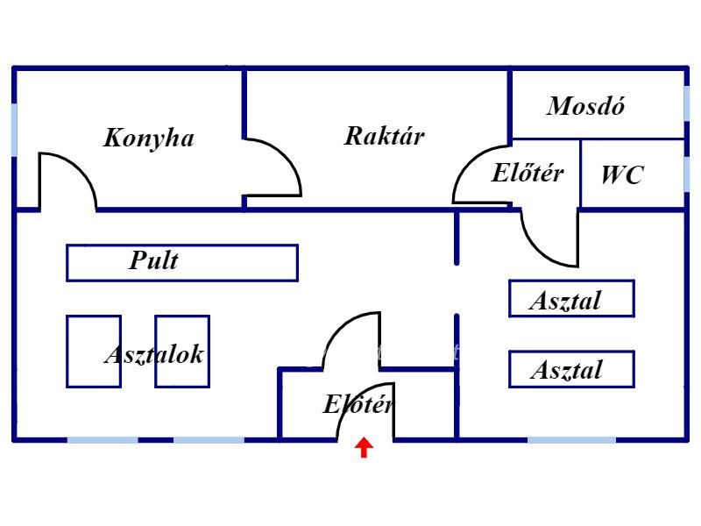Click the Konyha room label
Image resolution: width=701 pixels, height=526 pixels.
148,138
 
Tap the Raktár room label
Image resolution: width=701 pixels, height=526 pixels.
384,136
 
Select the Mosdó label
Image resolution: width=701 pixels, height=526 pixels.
585,107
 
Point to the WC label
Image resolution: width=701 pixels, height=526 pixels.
621,174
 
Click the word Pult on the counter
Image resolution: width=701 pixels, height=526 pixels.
153,260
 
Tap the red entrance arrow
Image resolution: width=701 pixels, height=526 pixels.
364,448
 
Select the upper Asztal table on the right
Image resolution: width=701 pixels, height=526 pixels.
571,299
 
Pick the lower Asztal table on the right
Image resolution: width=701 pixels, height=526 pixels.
571,369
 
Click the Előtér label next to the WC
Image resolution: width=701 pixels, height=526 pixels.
526,173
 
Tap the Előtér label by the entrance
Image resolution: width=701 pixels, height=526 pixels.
358,405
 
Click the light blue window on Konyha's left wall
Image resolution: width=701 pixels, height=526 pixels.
14,130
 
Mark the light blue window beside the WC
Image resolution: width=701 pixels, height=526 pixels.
685,173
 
